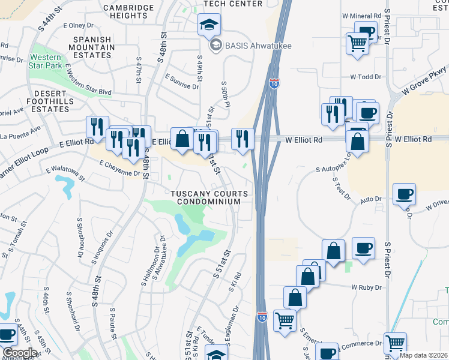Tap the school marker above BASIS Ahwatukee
click(x=210, y=25)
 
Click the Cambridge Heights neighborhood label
click(x=128, y=11)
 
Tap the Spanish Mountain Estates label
click(x=93, y=47)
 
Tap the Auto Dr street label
click(x=370, y=199)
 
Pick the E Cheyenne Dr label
click(x=119, y=167)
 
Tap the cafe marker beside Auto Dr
click(x=404, y=194)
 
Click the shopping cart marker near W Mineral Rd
click(x=357, y=43)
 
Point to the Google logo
click(x=20, y=353)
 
